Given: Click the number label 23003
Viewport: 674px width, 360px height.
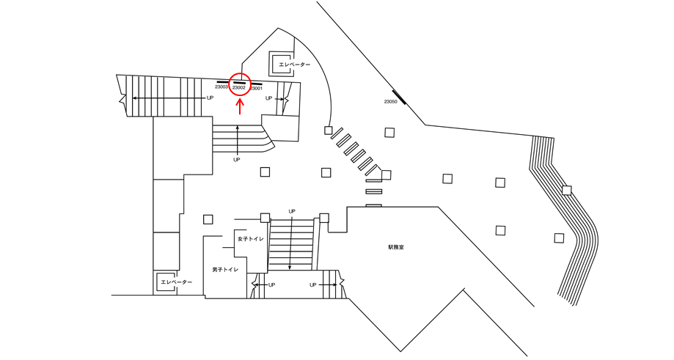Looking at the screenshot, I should (221, 88).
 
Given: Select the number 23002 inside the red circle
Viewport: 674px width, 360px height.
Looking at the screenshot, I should (239, 88).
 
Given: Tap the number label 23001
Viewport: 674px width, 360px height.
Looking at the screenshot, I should (257, 88).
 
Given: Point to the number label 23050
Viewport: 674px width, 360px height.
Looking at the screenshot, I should (390, 102).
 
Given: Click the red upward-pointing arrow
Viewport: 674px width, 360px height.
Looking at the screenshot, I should (239, 106).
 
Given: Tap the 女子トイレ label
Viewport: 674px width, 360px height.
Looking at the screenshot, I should (250, 239).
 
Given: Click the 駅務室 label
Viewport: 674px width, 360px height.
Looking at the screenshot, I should (396, 247).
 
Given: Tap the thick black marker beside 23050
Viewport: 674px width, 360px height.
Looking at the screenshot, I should (400, 95).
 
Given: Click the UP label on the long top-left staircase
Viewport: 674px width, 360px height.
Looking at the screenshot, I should (210, 98).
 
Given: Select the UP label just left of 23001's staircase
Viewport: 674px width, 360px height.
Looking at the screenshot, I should (269, 98).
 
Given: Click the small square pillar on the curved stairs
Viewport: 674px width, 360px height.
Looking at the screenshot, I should (566, 191).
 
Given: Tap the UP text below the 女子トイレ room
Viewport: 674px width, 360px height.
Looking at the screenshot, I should (271, 284).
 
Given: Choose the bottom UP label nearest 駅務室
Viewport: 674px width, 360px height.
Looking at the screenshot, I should (313, 284).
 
